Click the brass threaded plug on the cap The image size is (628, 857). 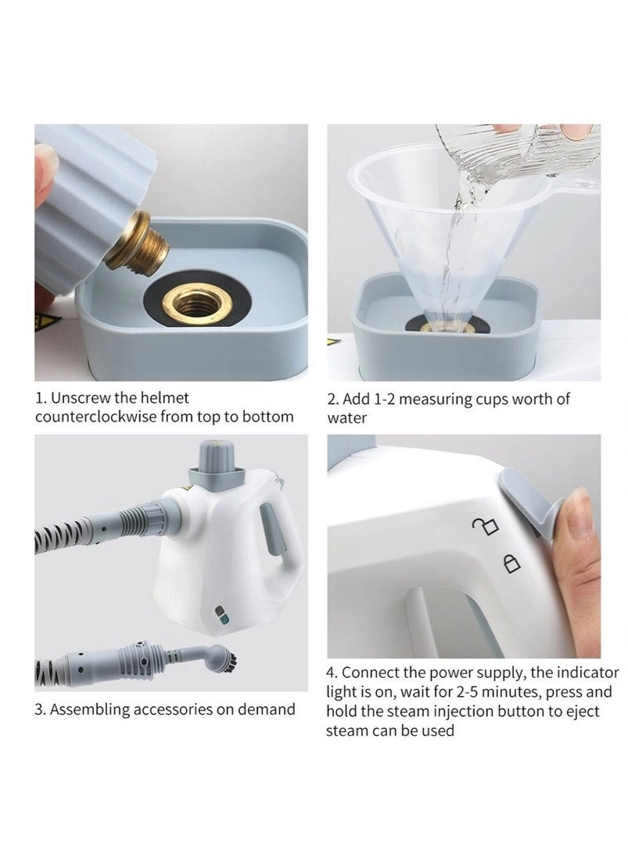click(x=138, y=244)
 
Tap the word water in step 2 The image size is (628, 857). click(x=347, y=418)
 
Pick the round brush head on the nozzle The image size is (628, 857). click(x=224, y=658)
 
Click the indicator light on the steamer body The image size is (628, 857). click(x=221, y=615)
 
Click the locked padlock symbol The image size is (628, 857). click(x=511, y=564)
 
